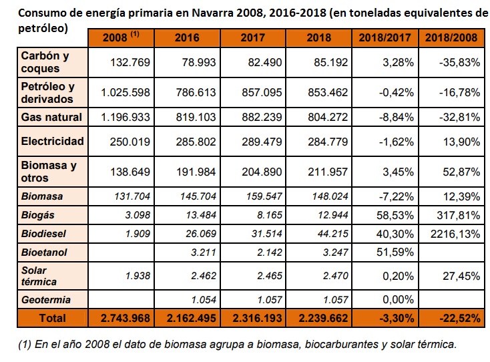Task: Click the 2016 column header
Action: pos(186,37)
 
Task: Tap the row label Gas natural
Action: pos(51,117)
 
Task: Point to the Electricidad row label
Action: pos(52,141)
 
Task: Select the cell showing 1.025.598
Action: pos(128,93)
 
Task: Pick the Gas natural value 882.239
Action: pos(262,117)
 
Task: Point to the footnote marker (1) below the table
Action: pos(25,345)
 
